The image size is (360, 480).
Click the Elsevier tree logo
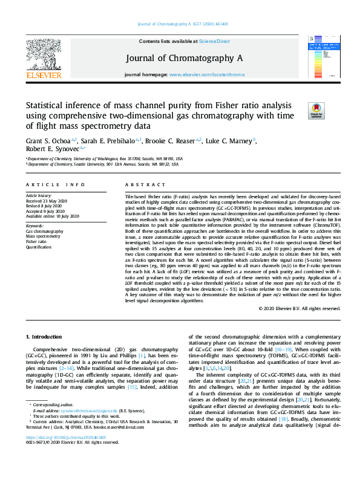43,57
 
